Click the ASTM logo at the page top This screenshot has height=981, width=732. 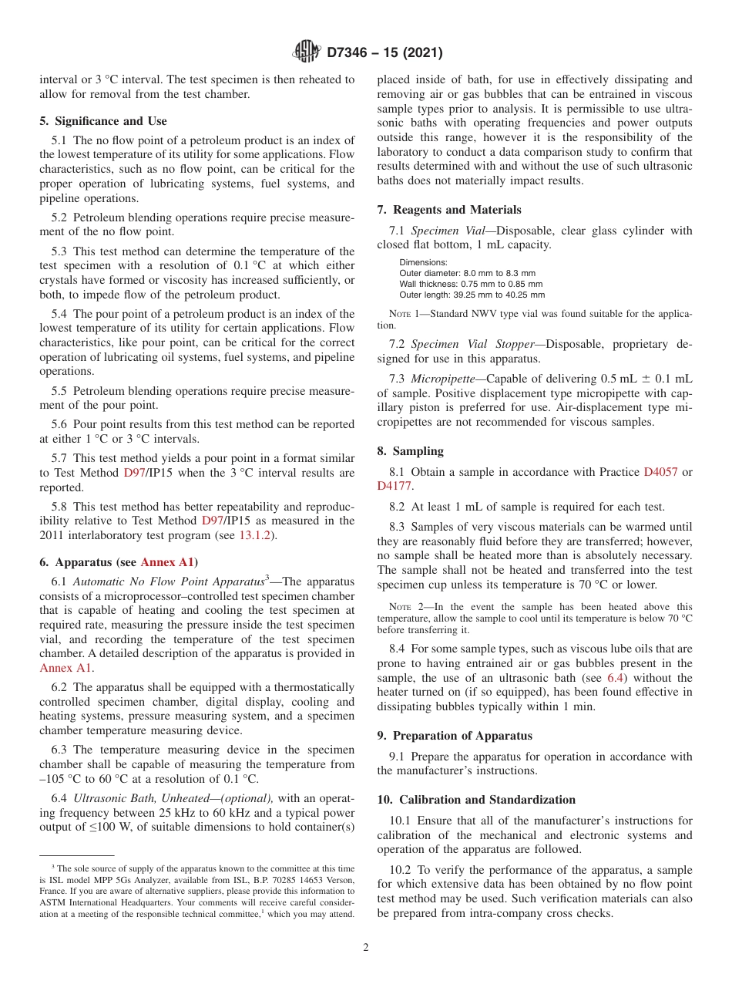tap(307, 52)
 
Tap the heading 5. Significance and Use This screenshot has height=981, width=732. tap(103, 121)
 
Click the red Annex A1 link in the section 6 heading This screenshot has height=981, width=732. tap(169, 562)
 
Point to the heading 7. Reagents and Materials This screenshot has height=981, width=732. tap(449, 210)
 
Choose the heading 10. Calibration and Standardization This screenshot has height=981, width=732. tap(476, 800)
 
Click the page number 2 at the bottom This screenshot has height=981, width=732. tap(366, 948)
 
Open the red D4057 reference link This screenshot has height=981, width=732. tap(660, 472)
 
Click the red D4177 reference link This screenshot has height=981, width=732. tap(394, 486)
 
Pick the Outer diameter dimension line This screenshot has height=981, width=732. tap(467, 273)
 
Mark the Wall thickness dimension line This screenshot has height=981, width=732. tap(471, 284)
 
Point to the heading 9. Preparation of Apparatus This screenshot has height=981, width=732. tap(455, 736)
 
